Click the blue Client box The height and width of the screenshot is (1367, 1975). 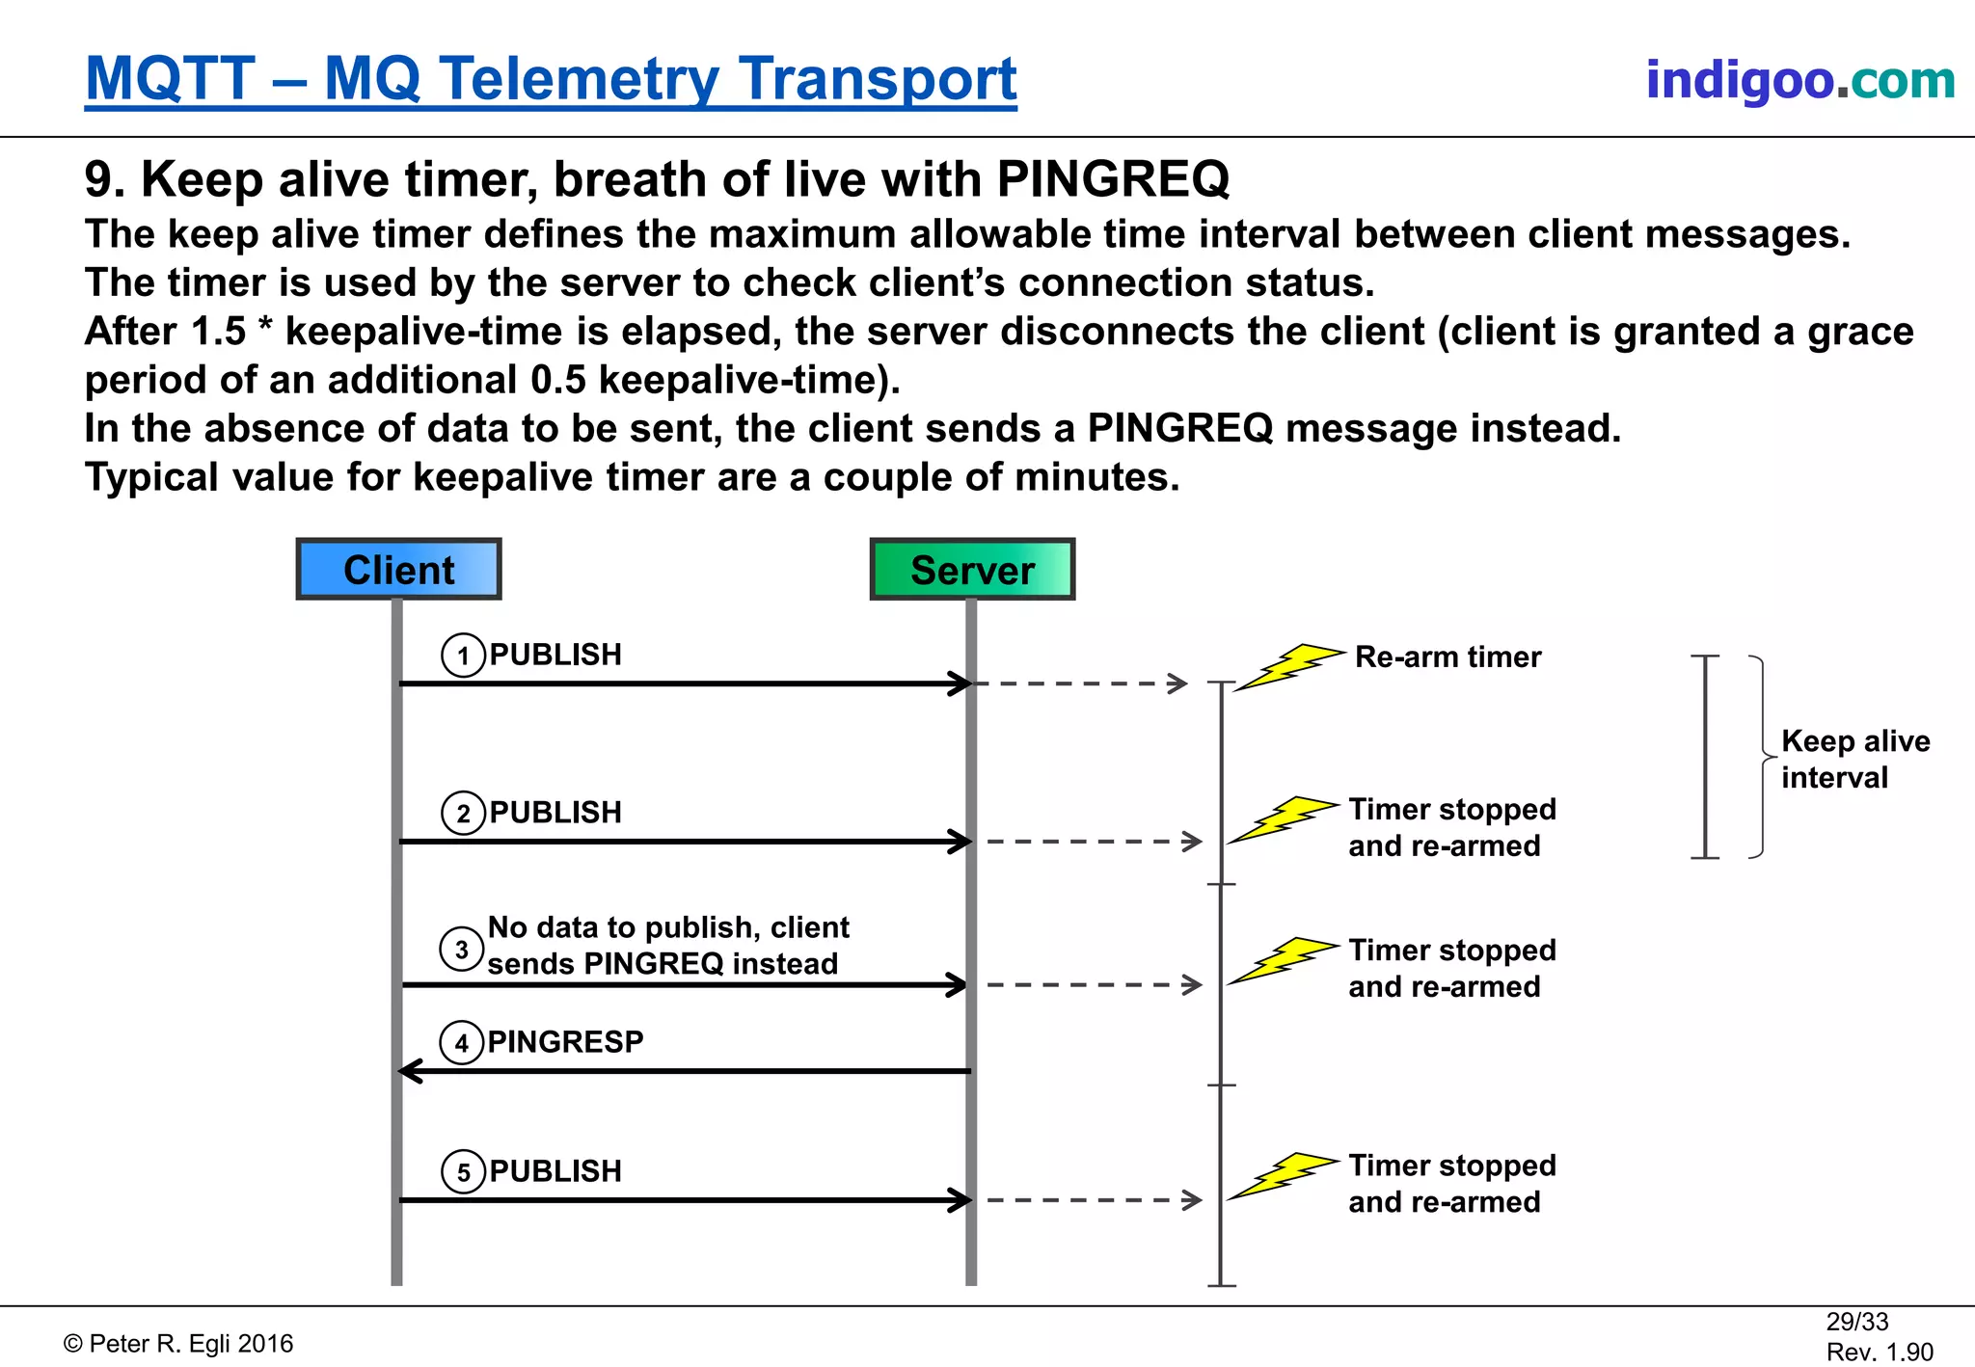tap(398, 570)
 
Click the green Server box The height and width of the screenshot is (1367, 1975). tap(972, 570)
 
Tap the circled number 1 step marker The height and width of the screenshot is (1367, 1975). tap(464, 656)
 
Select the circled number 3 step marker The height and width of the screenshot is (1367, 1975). tap(462, 950)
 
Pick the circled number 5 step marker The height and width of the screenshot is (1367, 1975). tap(464, 1172)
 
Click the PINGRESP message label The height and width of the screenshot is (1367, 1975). tap(565, 1042)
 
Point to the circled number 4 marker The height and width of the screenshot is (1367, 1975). tap(462, 1043)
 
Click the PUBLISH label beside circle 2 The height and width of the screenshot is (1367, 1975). tap(555, 813)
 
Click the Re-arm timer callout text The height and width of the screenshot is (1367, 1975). tap(1447, 657)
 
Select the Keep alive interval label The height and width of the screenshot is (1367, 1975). tap(1854, 759)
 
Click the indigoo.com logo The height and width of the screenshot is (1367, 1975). tap(1799, 80)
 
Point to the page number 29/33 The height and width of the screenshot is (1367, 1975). tap(1856, 1322)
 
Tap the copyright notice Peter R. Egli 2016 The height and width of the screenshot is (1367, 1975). tap(178, 1344)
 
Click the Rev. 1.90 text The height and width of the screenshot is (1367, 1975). tap(1880, 1352)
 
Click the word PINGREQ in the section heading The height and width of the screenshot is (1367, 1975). tap(1113, 179)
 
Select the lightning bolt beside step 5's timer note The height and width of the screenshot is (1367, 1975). tap(1283, 1175)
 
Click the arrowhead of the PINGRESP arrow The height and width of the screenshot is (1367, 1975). tap(409, 1071)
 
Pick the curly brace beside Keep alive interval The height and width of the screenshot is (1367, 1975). tap(1761, 757)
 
